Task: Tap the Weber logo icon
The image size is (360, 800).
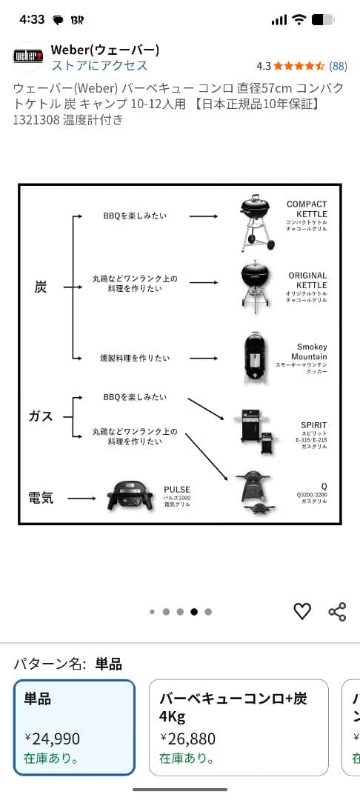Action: coord(28,56)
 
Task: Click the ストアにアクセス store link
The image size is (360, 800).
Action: coord(99,66)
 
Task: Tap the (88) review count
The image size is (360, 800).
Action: coord(338,66)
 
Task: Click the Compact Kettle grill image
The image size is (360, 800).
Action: coord(254,221)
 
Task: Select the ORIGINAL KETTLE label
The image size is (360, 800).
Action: coord(307,281)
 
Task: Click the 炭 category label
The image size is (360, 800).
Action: coord(41,287)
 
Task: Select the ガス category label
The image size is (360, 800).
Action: coord(41,416)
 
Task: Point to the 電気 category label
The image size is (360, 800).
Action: coord(41,498)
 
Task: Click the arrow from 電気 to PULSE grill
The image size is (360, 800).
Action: coord(82,498)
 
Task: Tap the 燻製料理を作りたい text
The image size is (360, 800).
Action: coord(135,358)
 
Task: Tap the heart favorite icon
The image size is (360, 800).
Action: coord(302,611)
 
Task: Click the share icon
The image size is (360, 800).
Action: coord(337,611)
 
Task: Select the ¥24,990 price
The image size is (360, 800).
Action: coord(52,739)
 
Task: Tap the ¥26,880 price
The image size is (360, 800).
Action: coord(187,739)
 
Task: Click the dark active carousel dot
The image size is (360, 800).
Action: coord(194,612)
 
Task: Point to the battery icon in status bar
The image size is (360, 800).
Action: coord(323,20)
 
